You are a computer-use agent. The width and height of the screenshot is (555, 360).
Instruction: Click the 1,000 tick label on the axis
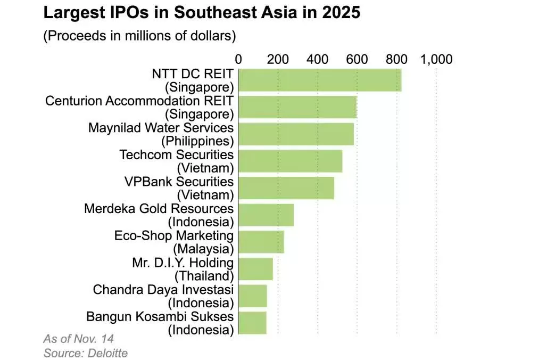pos(436,59)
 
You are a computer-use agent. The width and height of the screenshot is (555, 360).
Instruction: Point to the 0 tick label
pos(238,59)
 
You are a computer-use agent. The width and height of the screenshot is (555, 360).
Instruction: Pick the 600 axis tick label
pos(357,59)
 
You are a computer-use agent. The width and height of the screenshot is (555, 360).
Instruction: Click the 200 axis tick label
pos(278,59)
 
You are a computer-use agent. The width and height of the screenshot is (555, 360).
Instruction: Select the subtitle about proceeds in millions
pos(139,36)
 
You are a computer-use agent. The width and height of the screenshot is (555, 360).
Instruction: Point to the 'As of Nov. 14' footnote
pos(78,339)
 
